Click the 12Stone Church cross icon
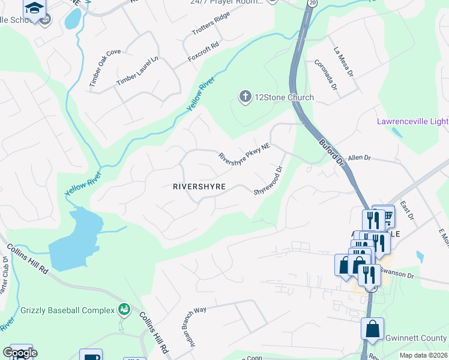[x=245, y=97]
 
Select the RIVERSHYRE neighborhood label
[x=199, y=187]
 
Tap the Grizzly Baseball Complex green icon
[x=124, y=310]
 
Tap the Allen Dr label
[x=360, y=157]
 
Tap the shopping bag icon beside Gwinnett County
[x=372, y=329]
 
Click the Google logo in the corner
[x=20, y=353]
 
